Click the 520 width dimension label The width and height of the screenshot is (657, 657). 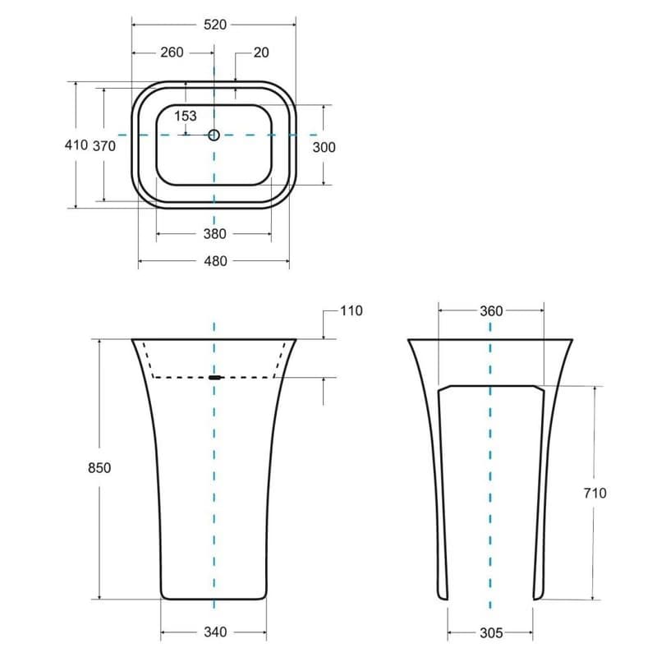[215, 25]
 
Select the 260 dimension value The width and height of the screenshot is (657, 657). [172, 53]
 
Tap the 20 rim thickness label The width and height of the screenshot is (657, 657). [261, 53]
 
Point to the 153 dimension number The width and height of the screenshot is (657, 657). [186, 116]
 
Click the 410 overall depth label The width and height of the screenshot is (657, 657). [76, 145]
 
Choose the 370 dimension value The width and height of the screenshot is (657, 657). [104, 146]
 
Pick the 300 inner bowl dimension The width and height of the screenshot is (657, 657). [324, 147]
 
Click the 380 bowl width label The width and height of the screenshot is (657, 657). [215, 234]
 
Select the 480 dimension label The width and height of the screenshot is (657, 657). [215, 261]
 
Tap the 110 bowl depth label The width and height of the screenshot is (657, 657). [351, 311]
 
